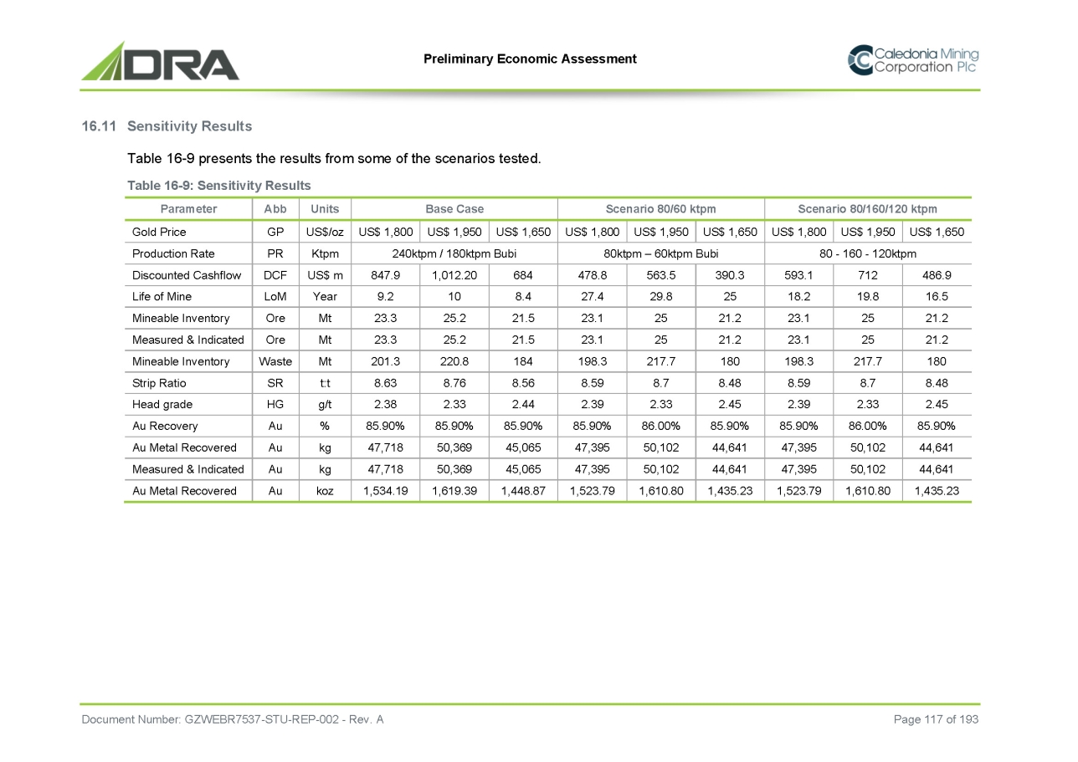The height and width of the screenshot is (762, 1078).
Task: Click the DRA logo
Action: point(160,61)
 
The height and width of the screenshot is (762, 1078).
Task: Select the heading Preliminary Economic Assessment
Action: point(530,59)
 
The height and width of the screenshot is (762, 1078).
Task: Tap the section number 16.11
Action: point(99,126)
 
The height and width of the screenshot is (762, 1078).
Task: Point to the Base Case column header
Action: point(454,208)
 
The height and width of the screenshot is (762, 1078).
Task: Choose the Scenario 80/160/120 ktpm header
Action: point(868,208)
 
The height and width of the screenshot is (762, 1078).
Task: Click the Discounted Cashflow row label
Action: point(187,275)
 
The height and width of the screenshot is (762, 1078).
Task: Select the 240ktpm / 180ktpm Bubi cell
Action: point(454,253)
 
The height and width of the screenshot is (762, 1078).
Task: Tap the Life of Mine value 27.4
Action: point(592,297)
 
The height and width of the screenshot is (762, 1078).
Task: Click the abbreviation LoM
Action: point(275,297)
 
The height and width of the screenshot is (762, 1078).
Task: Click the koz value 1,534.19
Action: point(386,491)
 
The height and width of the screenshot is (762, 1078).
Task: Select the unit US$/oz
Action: point(325,232)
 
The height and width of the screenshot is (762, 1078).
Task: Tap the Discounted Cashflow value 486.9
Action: point(937,275)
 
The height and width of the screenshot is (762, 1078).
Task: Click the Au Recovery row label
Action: point(165,426)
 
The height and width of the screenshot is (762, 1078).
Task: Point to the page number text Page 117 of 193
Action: point(936,719)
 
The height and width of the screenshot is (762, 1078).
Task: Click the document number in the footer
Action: point(232,719)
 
